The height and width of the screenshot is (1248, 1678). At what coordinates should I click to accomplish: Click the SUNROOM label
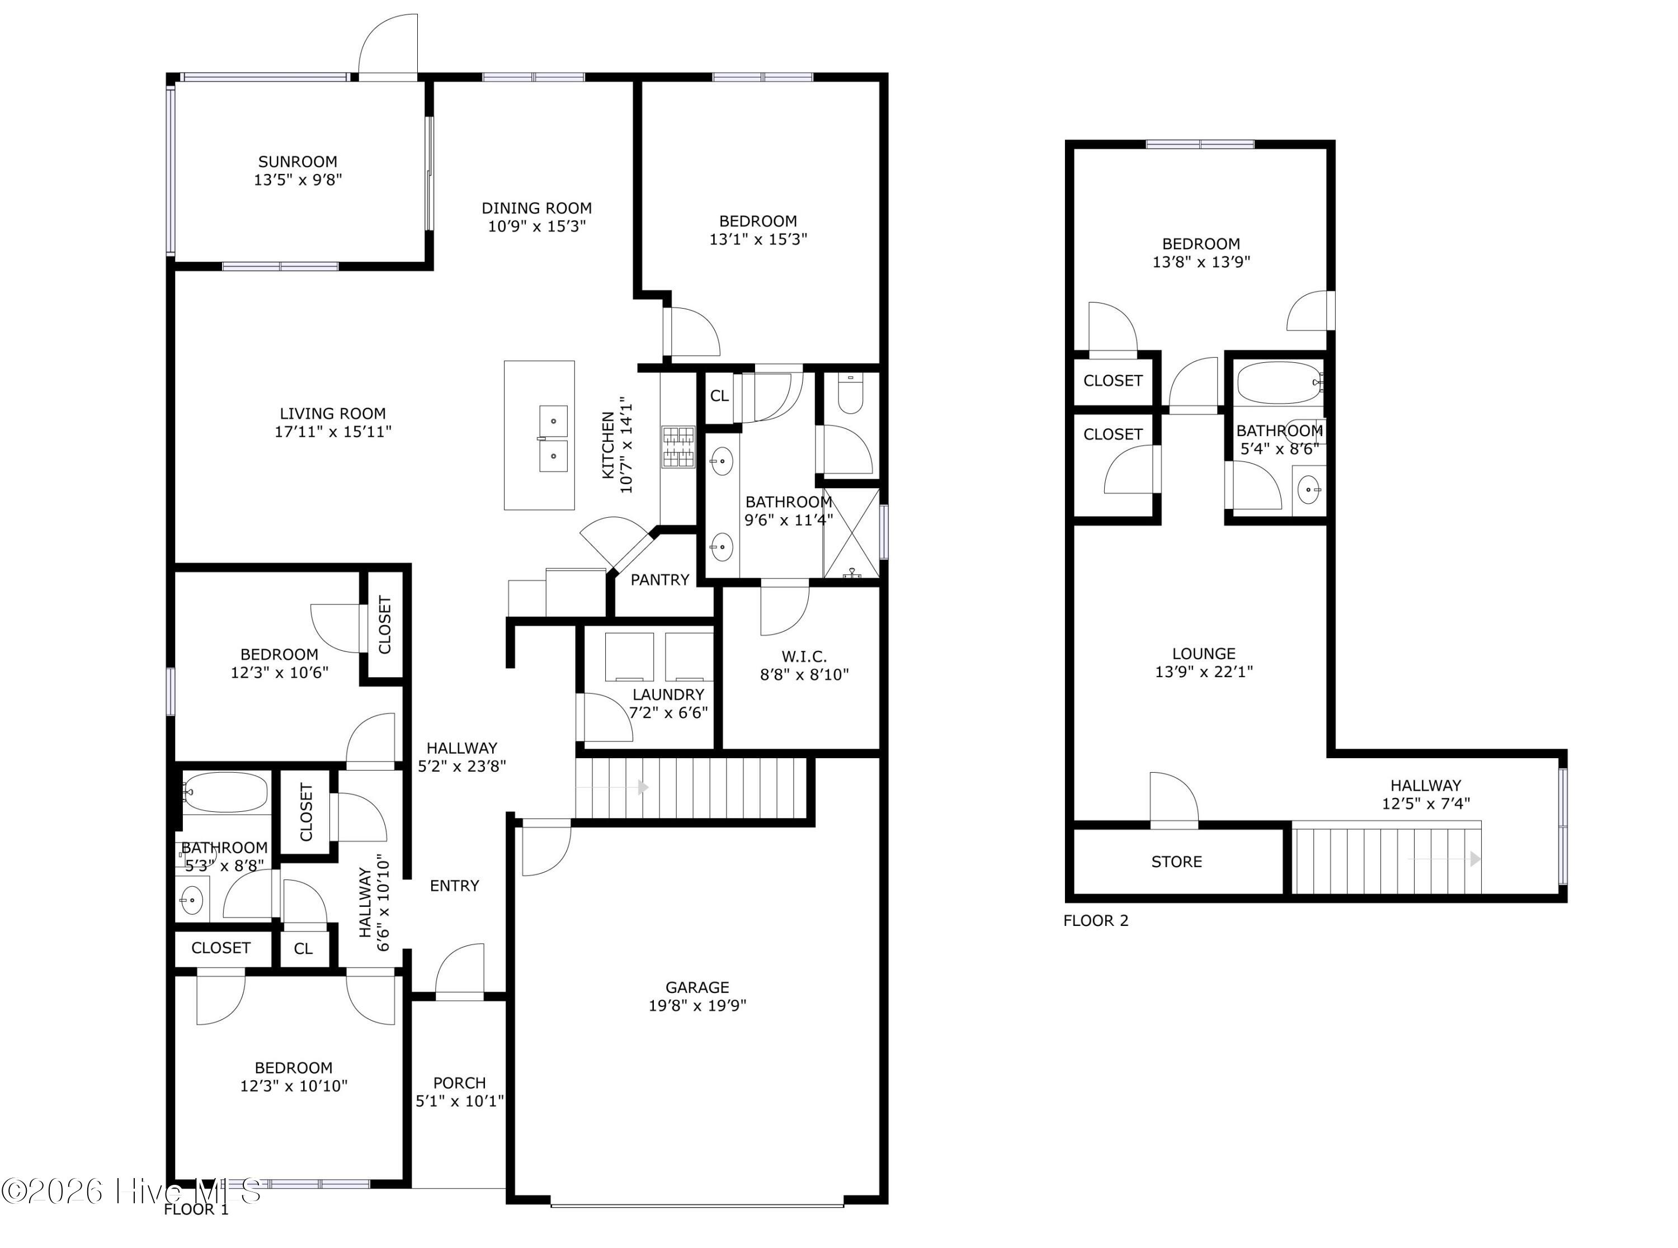coord(298,162)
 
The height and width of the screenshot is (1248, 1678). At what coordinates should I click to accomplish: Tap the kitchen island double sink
coord(553,439)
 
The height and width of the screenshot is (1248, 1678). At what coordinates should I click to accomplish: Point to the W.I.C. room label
coord(804,656)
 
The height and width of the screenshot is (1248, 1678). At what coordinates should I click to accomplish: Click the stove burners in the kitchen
coord(678,446)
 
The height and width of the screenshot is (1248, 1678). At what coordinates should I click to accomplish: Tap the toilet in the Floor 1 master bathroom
coord(851,396)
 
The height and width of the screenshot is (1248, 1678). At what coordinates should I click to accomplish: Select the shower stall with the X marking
coord(851,533)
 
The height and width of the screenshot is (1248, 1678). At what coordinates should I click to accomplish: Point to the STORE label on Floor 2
coord(1176,862)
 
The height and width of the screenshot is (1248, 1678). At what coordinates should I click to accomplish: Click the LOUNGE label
coord(1204,654)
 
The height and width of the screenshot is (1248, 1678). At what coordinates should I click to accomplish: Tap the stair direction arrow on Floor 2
coord(1473,859)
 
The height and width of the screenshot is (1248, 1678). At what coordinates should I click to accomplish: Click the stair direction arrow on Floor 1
coord(642,788)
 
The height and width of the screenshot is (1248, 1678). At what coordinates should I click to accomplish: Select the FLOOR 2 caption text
coord(1096,920)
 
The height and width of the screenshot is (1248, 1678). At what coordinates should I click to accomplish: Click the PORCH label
coord(459,1082)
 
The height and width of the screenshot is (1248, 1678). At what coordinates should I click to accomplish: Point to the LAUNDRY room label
coord(668,694)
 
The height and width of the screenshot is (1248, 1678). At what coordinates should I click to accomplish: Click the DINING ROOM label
coord(536,208)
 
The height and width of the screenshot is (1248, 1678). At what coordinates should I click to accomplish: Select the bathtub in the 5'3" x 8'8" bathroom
coord(225,792)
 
